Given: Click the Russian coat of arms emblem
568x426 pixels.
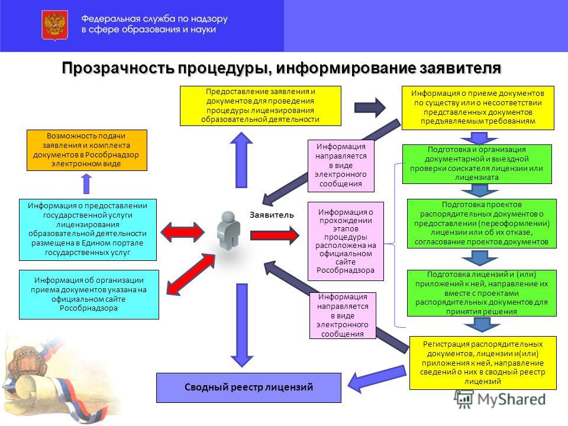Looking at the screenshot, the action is coord(54,25).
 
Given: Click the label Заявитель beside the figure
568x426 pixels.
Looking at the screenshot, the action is coord(272,215).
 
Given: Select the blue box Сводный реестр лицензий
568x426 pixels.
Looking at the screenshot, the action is coord(248,388).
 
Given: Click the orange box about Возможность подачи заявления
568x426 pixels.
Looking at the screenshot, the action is coord(87,150).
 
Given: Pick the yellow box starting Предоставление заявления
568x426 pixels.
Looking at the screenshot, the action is coord(260,106).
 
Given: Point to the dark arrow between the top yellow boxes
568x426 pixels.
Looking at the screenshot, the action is coord(370,107).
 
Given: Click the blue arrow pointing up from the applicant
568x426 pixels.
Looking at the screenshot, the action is coord(241,160).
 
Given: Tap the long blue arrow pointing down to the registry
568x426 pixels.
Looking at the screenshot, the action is coord(242,325).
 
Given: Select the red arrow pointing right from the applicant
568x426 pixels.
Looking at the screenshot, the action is coord(275,235).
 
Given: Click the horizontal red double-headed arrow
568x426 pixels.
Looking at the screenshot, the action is coord(182,232).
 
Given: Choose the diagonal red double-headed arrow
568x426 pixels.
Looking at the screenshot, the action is coord(191,274).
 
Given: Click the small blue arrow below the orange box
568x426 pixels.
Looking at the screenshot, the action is coord(86,183).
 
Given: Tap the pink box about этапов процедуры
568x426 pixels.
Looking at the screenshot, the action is coord(346,241).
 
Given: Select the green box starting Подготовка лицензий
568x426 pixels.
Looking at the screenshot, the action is coord(482,293).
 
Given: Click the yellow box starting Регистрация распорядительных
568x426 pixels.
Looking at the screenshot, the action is coord(483,363).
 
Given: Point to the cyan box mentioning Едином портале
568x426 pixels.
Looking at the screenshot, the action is coord(88,230).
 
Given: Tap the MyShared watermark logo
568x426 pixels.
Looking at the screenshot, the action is coord(501,399).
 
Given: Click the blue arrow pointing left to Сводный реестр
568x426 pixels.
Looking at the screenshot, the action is coord(377,379).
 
